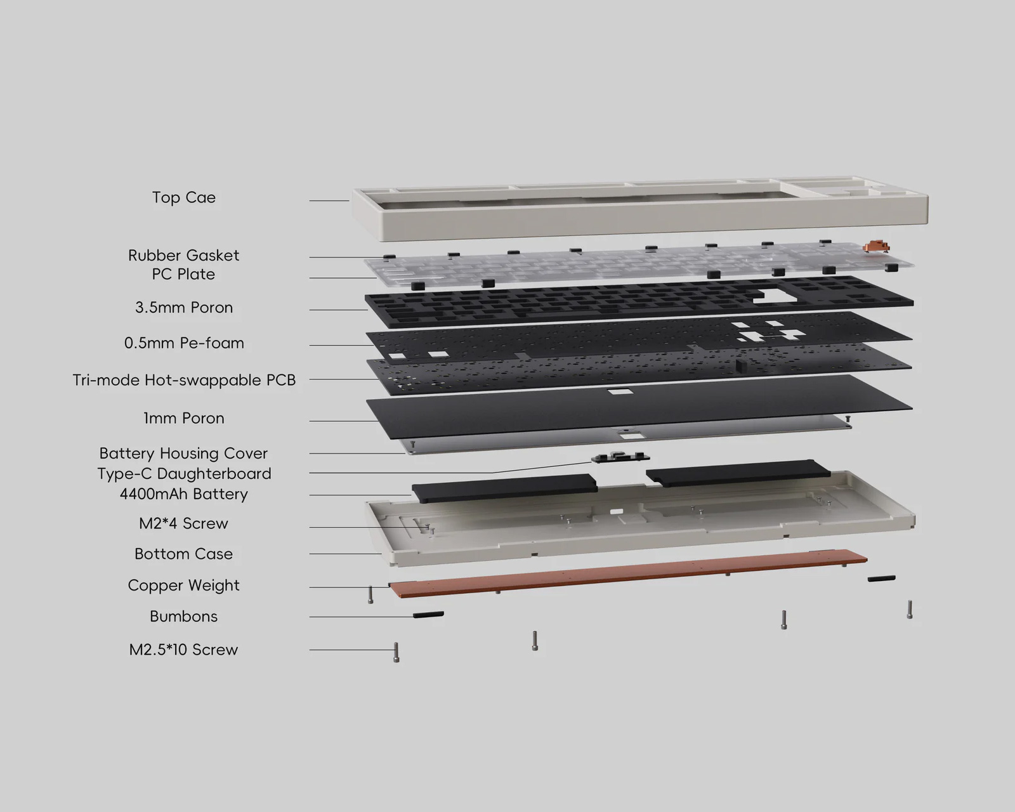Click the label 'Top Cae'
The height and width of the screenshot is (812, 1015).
(x=184, y=197)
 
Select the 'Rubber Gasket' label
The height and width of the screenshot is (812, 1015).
(x=184, y=255)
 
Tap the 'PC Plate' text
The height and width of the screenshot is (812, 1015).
(x=183, y=274)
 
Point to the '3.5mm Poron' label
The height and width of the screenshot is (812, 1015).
(x=184, y=308)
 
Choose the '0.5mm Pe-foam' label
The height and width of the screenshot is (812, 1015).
(x=184, y=343)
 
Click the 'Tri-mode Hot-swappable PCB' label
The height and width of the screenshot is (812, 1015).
(x=184, y=380)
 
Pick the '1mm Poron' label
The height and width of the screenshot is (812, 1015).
(x=184, y=418)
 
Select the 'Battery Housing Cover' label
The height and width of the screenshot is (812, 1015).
(x=183, y=454)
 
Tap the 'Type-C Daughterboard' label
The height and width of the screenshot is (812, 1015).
(x=184, y=474)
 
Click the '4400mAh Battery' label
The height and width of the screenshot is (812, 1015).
(x=184, y=494)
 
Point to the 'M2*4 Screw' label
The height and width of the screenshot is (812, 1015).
(x=183, y=523)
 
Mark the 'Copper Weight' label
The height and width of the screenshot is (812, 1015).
(x=184, y=586)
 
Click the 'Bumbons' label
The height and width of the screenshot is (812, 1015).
(x=183, y=617)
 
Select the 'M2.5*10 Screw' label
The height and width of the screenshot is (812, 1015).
(x=183, y=650)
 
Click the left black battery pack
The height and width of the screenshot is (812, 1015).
(x=504, y=488)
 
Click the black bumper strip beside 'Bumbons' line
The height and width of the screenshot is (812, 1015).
(x=428, y=614)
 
